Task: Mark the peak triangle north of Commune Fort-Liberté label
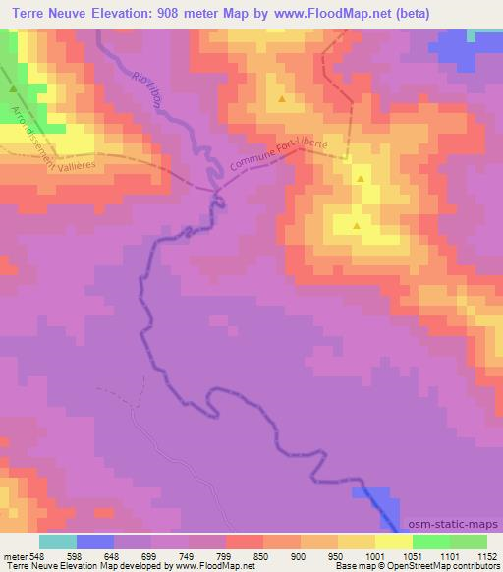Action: coord(282,99)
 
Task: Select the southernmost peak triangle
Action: coord(357,226)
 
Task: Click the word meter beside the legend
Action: coord(14,555)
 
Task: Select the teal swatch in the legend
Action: coord(58,542)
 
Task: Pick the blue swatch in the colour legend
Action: coord(95,542)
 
